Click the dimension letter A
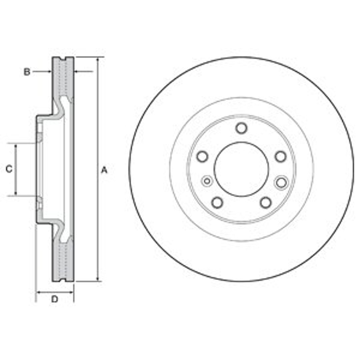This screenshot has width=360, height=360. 104,170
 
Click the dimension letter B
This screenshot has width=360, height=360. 27,72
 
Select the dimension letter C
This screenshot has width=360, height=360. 9,169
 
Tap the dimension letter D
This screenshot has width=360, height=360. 55,299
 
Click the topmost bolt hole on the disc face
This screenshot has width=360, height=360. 241,128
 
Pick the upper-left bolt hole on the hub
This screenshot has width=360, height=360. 202,157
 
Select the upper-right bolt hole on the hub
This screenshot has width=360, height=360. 280,157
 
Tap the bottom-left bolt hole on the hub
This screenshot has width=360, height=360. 217,203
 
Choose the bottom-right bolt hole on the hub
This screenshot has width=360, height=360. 266,203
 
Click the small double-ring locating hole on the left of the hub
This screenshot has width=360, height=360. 207,181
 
